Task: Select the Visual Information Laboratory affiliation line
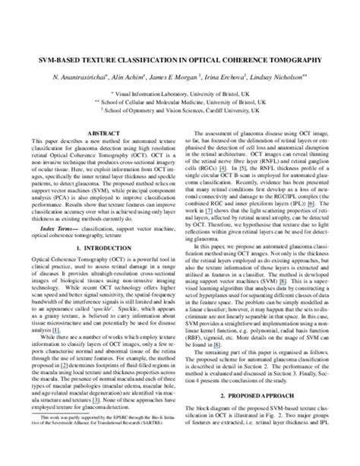pyautogui.click(x=181, y=90)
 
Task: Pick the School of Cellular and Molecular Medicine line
pyautogui.click(x=181, y=100)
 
